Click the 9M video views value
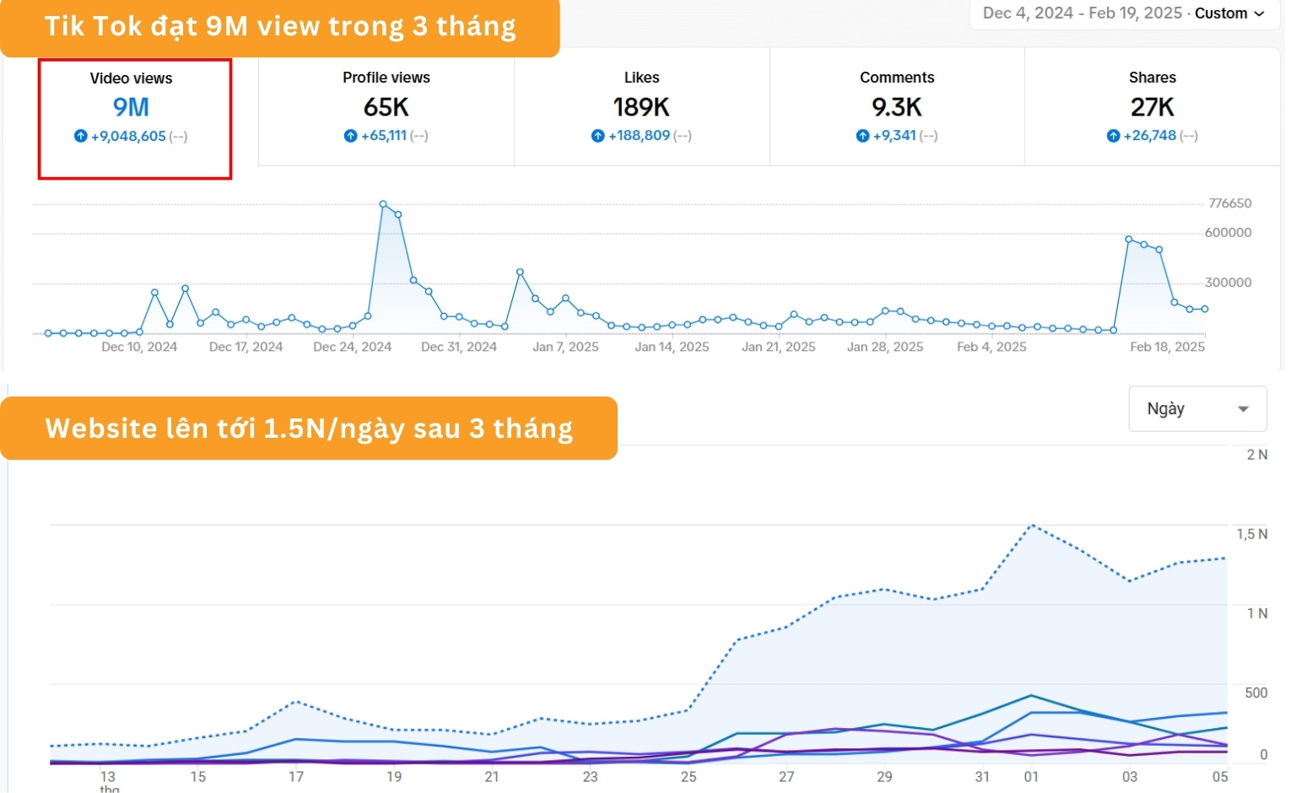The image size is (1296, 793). pos(131,107)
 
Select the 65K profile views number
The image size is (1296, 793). pos(386,107)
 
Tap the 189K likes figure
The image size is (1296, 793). pos(641,107)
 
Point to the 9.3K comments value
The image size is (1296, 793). pos(897,107)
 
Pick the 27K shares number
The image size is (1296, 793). pos(1153,107)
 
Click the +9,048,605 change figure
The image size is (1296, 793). pos(128,136)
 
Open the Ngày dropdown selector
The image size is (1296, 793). pos(1197,409)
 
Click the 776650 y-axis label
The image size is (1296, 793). pos(1229,203)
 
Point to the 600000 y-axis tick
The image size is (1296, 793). pos(1228,233)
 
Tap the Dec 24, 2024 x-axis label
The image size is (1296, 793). pos(352,347)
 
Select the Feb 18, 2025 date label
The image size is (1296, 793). pos(1167,347)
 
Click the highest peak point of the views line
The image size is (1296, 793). pos(383,204)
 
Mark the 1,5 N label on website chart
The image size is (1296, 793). pos(1251,534)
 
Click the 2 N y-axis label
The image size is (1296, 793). pos(1256,455)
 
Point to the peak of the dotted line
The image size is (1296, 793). pos(1031,526)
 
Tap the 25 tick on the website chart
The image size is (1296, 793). pos(688,776)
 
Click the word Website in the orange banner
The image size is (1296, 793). pos(100,429)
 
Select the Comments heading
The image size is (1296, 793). pos(897,78)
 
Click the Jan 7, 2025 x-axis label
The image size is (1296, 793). pos(565,347)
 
